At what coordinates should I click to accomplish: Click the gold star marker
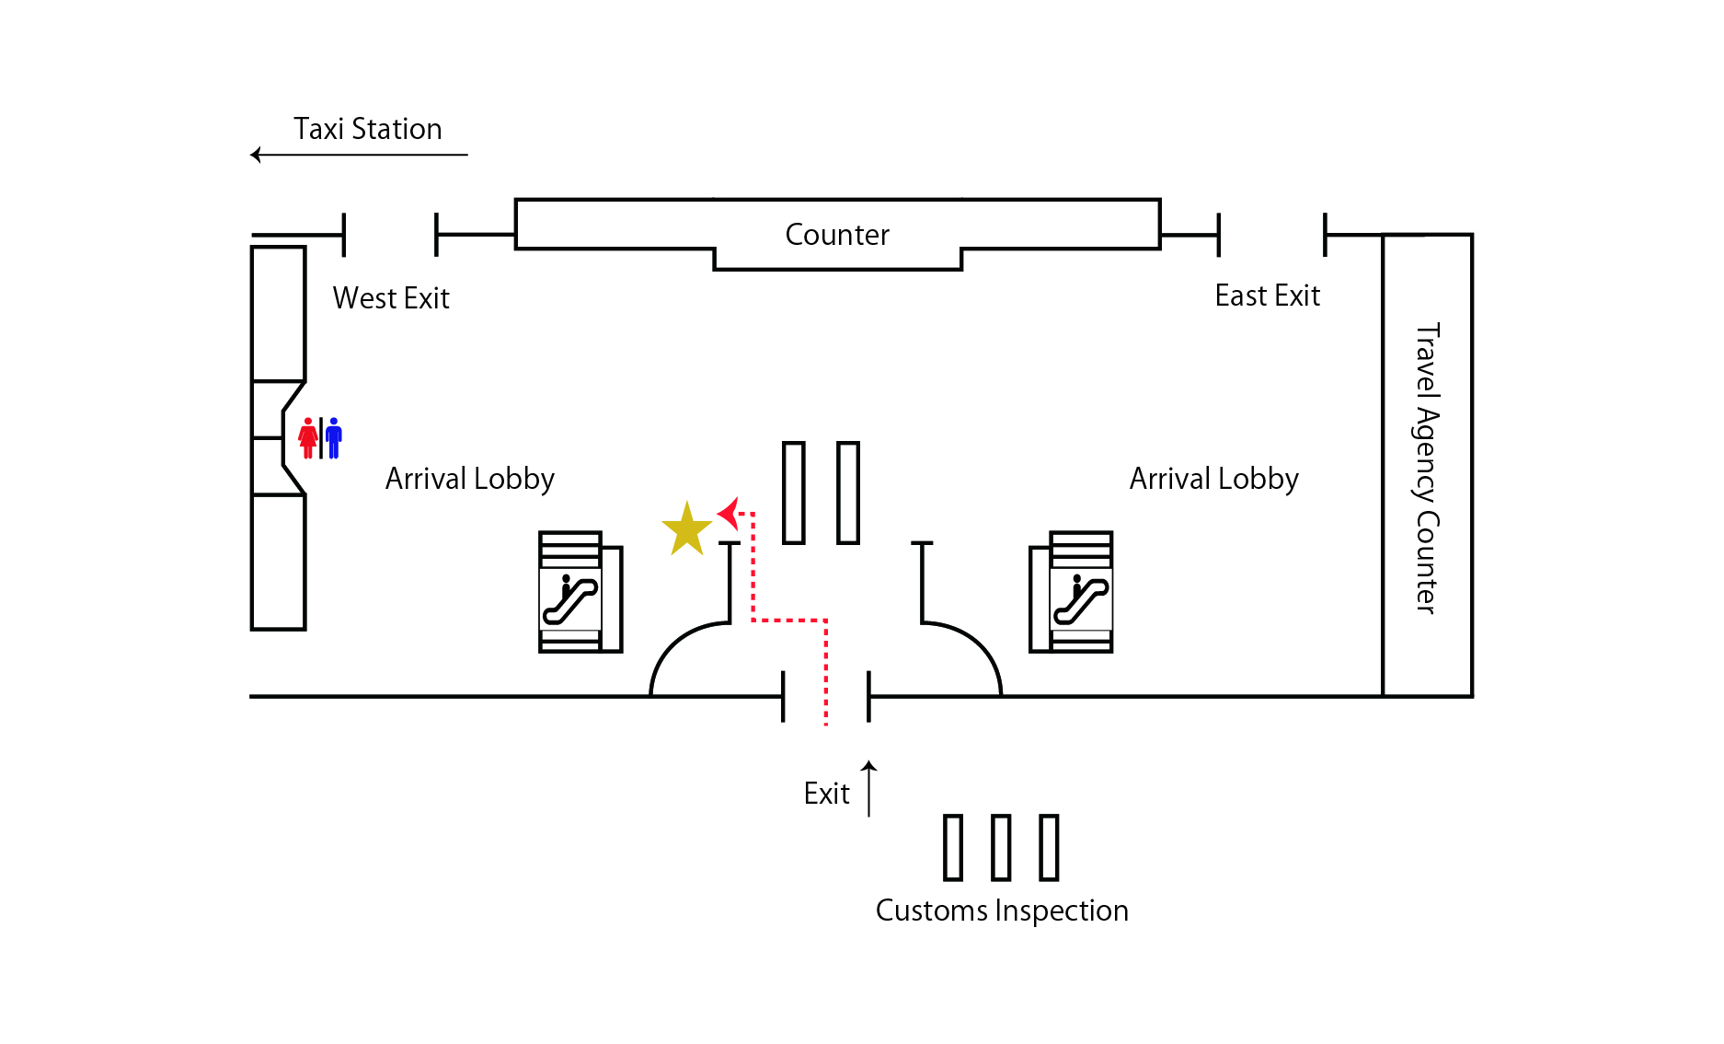click(686, 530)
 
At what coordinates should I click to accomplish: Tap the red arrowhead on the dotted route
click(730, 514)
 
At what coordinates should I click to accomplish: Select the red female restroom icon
click(308, 438)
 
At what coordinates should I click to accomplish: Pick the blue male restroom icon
click(334, 438)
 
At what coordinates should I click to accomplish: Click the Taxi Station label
click(368, 129)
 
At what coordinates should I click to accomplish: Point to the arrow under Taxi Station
click(359, 155)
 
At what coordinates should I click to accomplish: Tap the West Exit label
click(391, 298)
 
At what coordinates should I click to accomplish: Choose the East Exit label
click(1267, 296)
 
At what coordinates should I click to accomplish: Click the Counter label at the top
click(837, 235)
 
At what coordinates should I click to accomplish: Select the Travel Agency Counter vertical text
click(1427, 468)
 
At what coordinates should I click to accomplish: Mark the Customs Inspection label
click(1002, 911)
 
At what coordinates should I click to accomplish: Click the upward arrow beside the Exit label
click(868, 788)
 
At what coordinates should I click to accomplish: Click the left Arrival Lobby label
click(470, 479)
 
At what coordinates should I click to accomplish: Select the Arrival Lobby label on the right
click(1214, 479)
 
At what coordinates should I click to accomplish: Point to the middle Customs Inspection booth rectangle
click(1001, 847)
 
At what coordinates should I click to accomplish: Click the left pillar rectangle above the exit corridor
click(794, 493)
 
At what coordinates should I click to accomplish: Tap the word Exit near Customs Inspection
click(826, 794)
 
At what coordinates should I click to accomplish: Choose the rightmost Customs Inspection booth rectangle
click(1049, 847)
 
